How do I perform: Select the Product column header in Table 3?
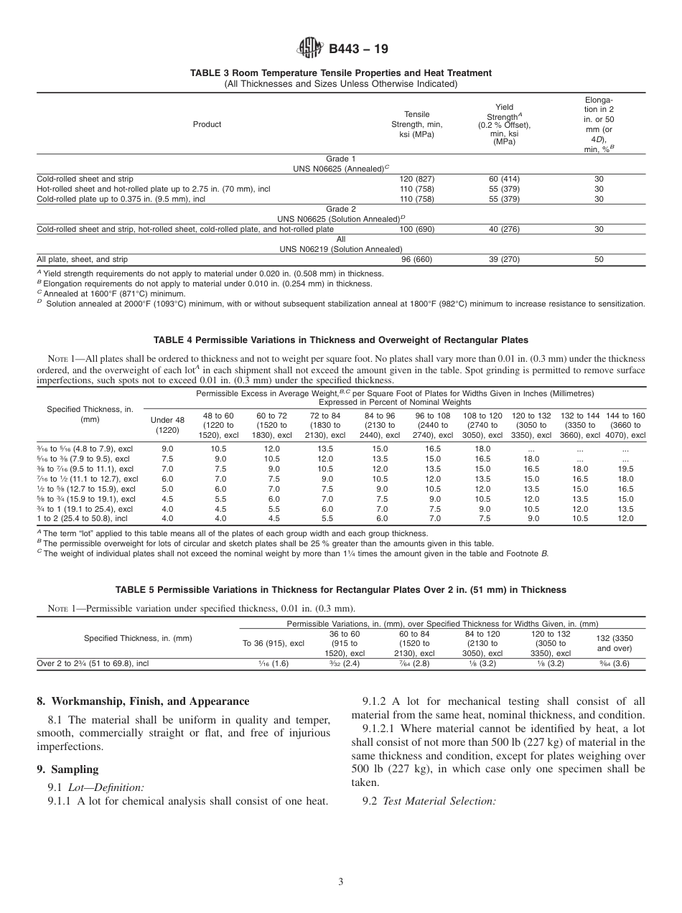point(207,124)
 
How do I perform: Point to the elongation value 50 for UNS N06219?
point(599,259)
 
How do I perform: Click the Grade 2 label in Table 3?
point(341,209)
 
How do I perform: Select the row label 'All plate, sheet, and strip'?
point(83,259)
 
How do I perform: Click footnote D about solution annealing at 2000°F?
point(341,304)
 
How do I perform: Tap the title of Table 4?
point(341,340)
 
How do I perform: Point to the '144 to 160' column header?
point(625,425)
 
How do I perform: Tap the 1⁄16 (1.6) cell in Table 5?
point(273,664)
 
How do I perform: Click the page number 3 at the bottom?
point(341,881)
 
